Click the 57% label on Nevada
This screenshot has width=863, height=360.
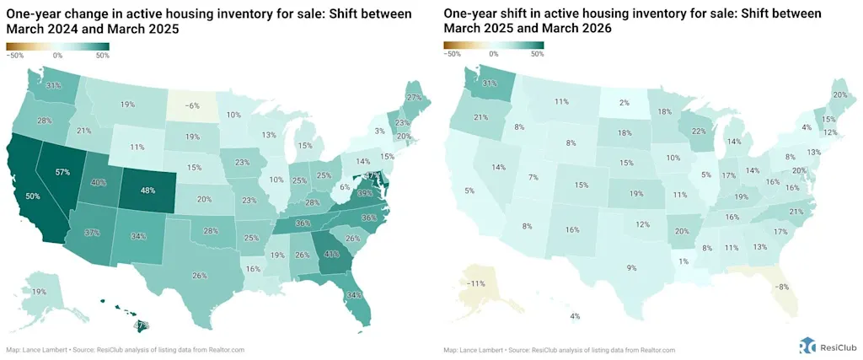click(x=62, y=172)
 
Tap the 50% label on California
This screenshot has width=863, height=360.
click(x=33, y=196)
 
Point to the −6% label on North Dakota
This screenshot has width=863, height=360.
click(x=191, y=105)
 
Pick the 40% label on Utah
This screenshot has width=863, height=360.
click(x=99, y=183)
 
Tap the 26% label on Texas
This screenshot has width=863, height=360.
click(x=199, y=276)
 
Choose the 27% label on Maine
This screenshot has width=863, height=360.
click(x=412, y=97)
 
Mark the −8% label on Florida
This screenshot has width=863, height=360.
click(x=783, y=287)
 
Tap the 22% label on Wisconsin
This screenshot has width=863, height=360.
click(x=698, y=132)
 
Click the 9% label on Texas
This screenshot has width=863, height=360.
click(x=631, y=267)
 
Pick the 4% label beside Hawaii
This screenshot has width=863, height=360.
click(x=575, y=316)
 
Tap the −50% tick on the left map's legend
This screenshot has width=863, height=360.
click(x=15, y=54)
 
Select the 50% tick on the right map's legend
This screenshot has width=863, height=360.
click(x=537, y=54)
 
